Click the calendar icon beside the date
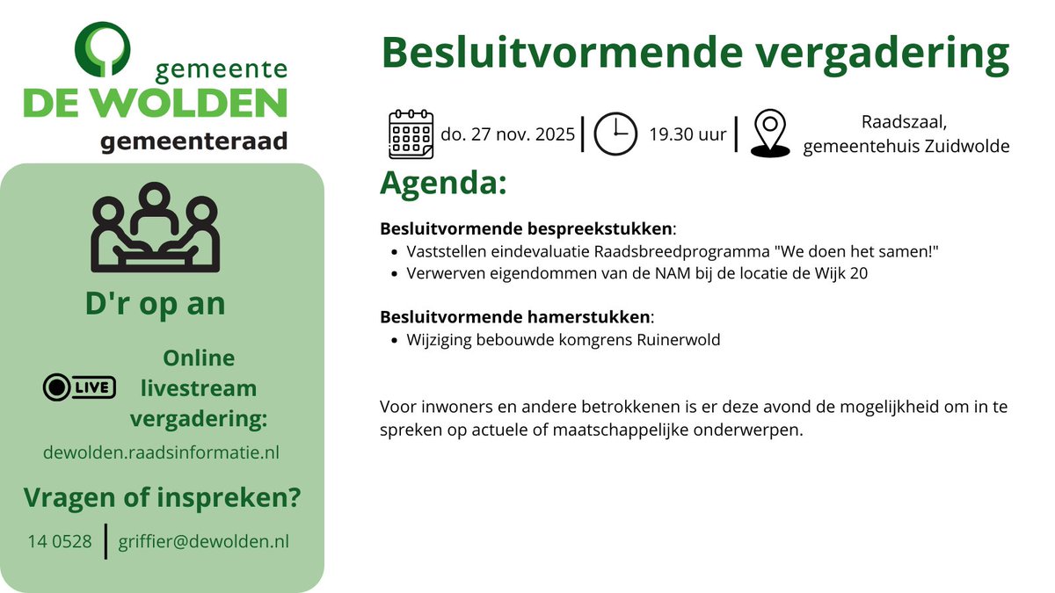[x=411, y=134]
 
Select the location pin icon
[x=770, y=134]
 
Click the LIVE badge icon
[x=79, y=387]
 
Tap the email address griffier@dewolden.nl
[x=203, y=541]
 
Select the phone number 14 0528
[x=60, y=541]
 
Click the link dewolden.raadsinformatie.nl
[x=161, y=452]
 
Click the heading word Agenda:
[x=443, y=184]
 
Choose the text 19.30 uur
[x=688, y=134]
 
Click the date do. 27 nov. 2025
[x=507, y=134]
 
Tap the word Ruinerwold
[x=678, y=339]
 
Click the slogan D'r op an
[x=156, y=303]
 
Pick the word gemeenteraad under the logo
[x=193, y=141]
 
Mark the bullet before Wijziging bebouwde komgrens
[x=392, y=340]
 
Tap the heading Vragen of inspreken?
[x=162, y=498]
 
